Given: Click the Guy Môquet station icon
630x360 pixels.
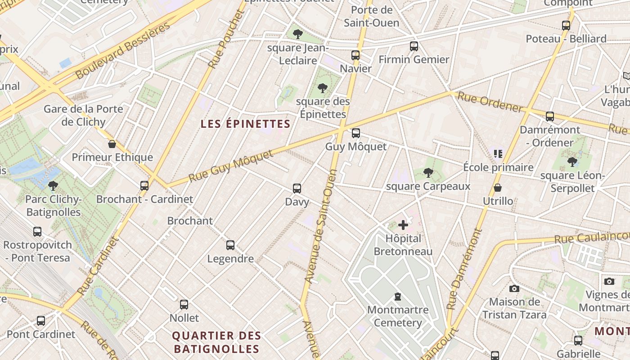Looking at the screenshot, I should pyautogui.click(x=356, y=133).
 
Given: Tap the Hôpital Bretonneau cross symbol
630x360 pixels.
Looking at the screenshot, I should pyautogui.click(x=403, y=225).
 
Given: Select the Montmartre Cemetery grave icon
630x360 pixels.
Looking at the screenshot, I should pyautogui.click(x=398, y=297).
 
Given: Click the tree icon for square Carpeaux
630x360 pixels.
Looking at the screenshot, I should pyautogui.click(x=428, y=172).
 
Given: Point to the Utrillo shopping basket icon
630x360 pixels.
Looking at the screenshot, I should pyautogui.click(x=498, y=188).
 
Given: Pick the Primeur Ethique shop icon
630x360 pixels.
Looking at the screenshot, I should pyautogui.click(x=112, y=144).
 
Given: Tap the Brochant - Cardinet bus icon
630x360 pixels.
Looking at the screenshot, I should pyautogui.click(x=144, y=185).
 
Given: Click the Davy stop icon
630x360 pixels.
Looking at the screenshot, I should pyautogui.click(x=297, y=189).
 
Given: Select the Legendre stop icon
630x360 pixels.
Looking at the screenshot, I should pyautogui.click(x=230, y=245).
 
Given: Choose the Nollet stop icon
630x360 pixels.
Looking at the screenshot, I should pyautogui.click(x=184, y=305).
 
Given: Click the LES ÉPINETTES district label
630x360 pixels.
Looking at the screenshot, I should pyautogui.click(x=245, y=124).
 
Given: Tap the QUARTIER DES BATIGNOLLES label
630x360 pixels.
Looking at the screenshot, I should pyautogui.click(x=217, y=342).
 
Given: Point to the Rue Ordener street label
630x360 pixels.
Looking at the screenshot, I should pyautogui.click(x=490, y=102).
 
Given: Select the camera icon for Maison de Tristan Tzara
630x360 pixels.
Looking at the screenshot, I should pyautogui.click(x=514, y=288).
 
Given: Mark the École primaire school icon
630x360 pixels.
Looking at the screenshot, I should pyautogui.click(x=498, y=154).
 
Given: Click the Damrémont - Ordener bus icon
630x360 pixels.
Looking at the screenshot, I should pyautogui.click(x=550, y=117).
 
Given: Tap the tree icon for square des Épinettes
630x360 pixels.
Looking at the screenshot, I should pyautogui.click(x=322, y=88).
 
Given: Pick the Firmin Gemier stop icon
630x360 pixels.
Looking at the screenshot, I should pyautogui.click(x=414, y=46).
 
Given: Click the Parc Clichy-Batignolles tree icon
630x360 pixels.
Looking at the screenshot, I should pyautogui.click(x=53, y=185).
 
